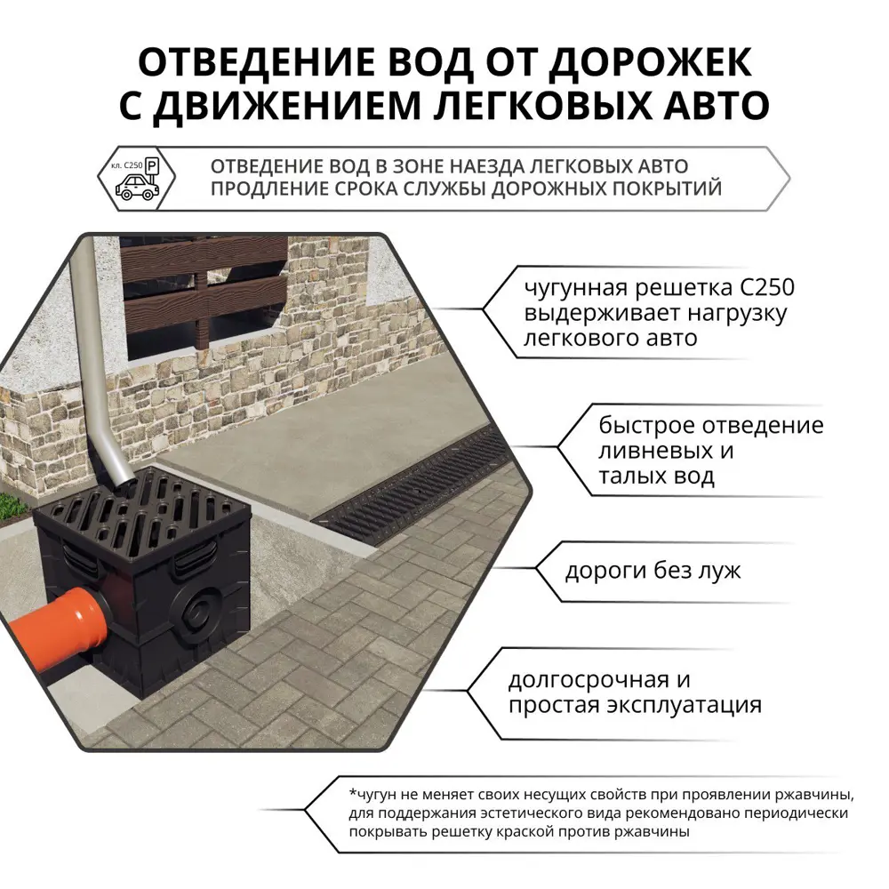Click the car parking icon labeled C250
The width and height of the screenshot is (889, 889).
[136, 177]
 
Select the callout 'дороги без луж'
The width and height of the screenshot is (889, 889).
[653, 570]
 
